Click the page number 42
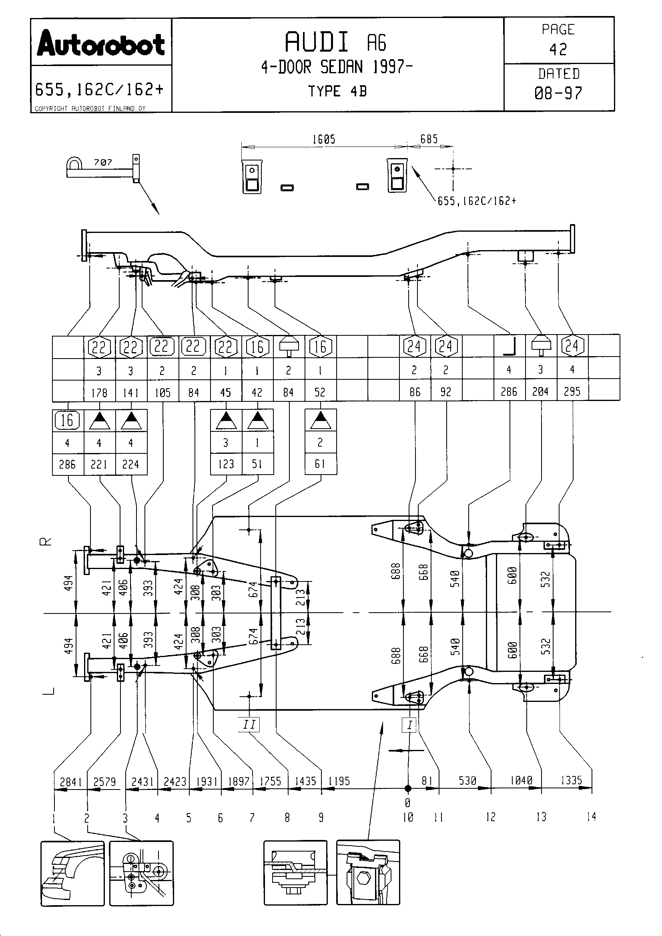tap(558, 50)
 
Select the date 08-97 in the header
tap(558, 93)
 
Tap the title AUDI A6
tap(335, 42)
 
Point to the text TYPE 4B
tap(337, 91)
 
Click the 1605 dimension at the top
tap(324, 139)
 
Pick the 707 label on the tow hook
tap(103, 162)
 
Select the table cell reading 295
tap(572, 392)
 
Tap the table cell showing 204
tap(540, 392)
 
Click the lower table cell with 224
tap(130, 464)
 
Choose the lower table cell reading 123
tap(226, 464)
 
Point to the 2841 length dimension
tap(70, 782)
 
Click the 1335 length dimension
tap(571, 780)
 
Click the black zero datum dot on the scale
tap(407, 789)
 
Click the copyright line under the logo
tap(90, 108)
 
